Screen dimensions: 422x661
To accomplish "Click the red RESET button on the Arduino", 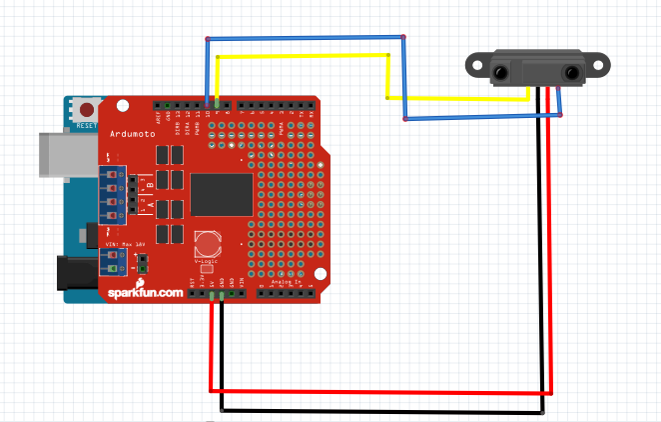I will pyautogui.click(x=85, y=108).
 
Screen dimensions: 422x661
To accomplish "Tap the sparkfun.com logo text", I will pyautogui.click(x=146, y=292).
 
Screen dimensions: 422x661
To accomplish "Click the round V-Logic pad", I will pyautogui.click(x=207, y=243).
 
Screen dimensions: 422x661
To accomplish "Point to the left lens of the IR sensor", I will pyautogui.click(x=500, y=72).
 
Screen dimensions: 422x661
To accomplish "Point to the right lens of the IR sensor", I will pyautogui.click(x=572, y=72).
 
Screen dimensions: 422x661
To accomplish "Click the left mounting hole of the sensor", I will pyautogui.click(x=474, y=66).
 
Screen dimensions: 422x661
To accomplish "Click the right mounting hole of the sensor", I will pyautogui.click(x=599, y=65).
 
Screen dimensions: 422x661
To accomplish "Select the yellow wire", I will pyautogui.click(x=300, y=56).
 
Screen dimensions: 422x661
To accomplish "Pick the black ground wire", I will pyautogui.click(x=379, y=410).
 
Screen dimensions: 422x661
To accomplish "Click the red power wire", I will pyautogui.click(x=379, y=391).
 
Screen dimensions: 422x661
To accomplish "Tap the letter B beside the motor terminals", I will pyautogui.click(x=150, y=182).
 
